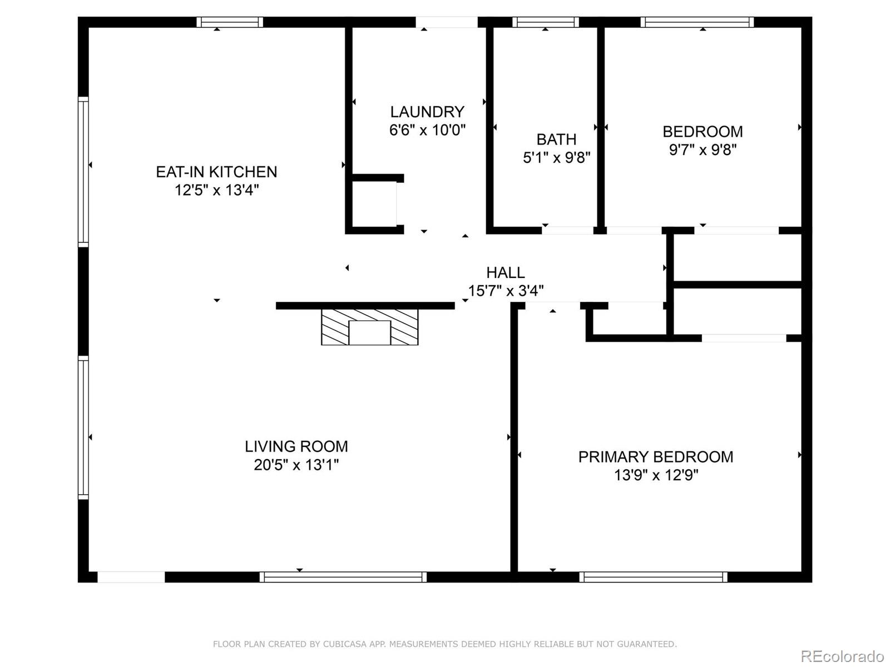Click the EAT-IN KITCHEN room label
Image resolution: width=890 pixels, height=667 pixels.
216,172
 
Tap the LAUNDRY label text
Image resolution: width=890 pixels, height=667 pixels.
427,112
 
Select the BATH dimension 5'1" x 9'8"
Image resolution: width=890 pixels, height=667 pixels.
556,158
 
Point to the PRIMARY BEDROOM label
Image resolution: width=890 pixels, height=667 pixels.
655,457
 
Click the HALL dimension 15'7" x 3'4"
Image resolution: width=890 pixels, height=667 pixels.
506,291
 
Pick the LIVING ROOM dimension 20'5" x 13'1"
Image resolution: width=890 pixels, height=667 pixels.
296,465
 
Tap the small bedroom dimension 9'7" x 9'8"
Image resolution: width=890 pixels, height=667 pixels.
703,150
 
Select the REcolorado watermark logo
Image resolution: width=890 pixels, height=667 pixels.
842,656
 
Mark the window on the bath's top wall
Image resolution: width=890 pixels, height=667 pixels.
545,22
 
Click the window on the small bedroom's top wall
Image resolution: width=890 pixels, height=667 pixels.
696,22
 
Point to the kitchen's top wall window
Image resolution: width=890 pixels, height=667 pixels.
229,22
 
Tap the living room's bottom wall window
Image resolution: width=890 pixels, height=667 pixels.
343,577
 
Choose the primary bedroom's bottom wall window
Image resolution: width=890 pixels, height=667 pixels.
653,577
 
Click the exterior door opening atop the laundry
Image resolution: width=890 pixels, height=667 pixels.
446,22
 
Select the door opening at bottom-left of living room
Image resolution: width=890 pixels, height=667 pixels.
131,577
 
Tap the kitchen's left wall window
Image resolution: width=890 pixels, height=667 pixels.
83,171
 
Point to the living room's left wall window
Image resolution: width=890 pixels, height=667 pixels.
83,427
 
